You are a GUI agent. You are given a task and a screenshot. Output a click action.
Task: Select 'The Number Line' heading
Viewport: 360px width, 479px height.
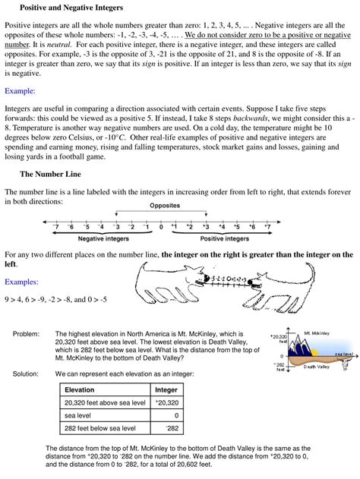point(51,173)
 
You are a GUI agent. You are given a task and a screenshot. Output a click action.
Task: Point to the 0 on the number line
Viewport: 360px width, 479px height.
point(161,226)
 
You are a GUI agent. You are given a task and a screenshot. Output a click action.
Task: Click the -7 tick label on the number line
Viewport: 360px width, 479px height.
point(55,226)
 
